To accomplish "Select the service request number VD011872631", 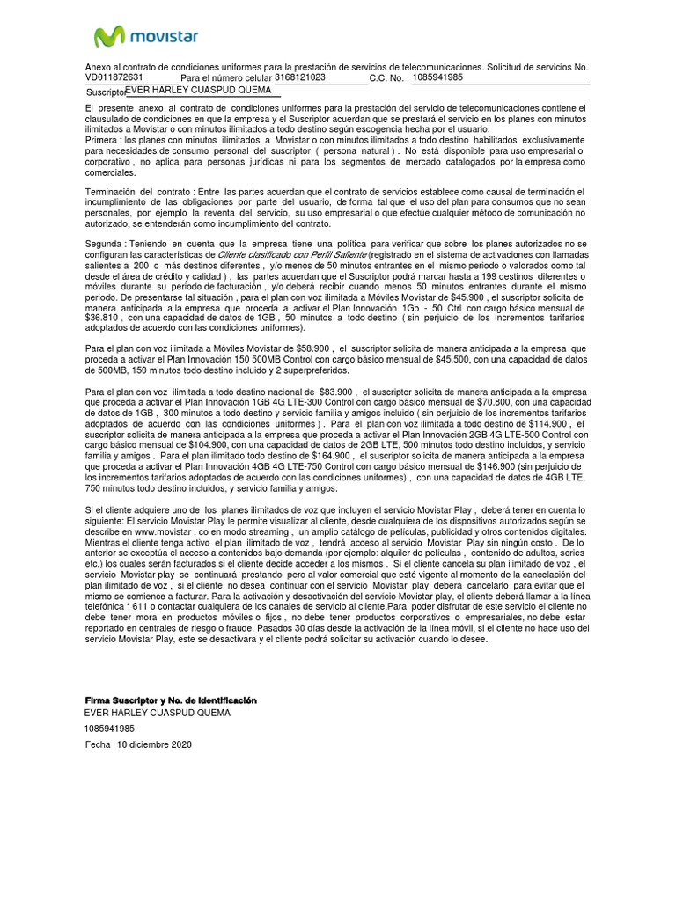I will click(114, 77).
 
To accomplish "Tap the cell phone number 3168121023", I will click(300, 77).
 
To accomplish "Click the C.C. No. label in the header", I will click(386, 78).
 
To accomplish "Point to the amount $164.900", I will click(330, 455).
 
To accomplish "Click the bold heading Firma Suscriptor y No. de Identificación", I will click(170, 700).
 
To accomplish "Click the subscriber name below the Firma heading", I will click(157, 713).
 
